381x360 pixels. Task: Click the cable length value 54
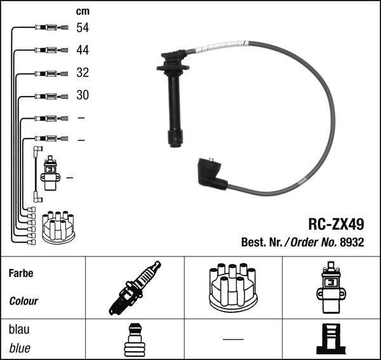[83, 28]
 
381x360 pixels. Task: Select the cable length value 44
[83, 50]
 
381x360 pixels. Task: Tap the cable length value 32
[83, 72]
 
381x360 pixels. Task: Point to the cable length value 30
[83, 95]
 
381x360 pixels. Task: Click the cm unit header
[83, 11]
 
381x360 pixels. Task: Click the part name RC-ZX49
[336, 224]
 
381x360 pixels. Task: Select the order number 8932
[352, 242]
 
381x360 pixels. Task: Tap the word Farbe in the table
[21, 273]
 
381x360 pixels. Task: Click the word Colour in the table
[23, 301]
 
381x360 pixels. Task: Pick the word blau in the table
[19, 330]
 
